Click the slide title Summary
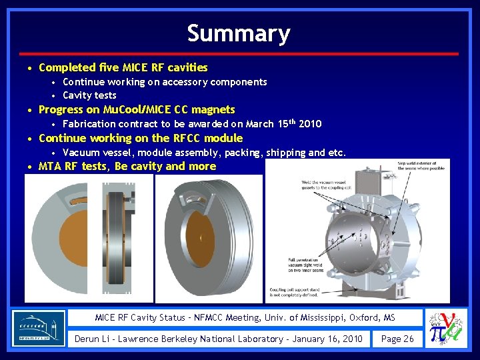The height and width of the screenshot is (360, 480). (x=239, y=33)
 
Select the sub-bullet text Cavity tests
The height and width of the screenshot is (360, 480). (x=89, y=95)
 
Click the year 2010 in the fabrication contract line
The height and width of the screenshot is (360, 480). (x=311, y=124)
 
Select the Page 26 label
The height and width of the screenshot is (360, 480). (x=397, y=339)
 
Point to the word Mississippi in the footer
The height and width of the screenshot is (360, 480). (x=319, y=317)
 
